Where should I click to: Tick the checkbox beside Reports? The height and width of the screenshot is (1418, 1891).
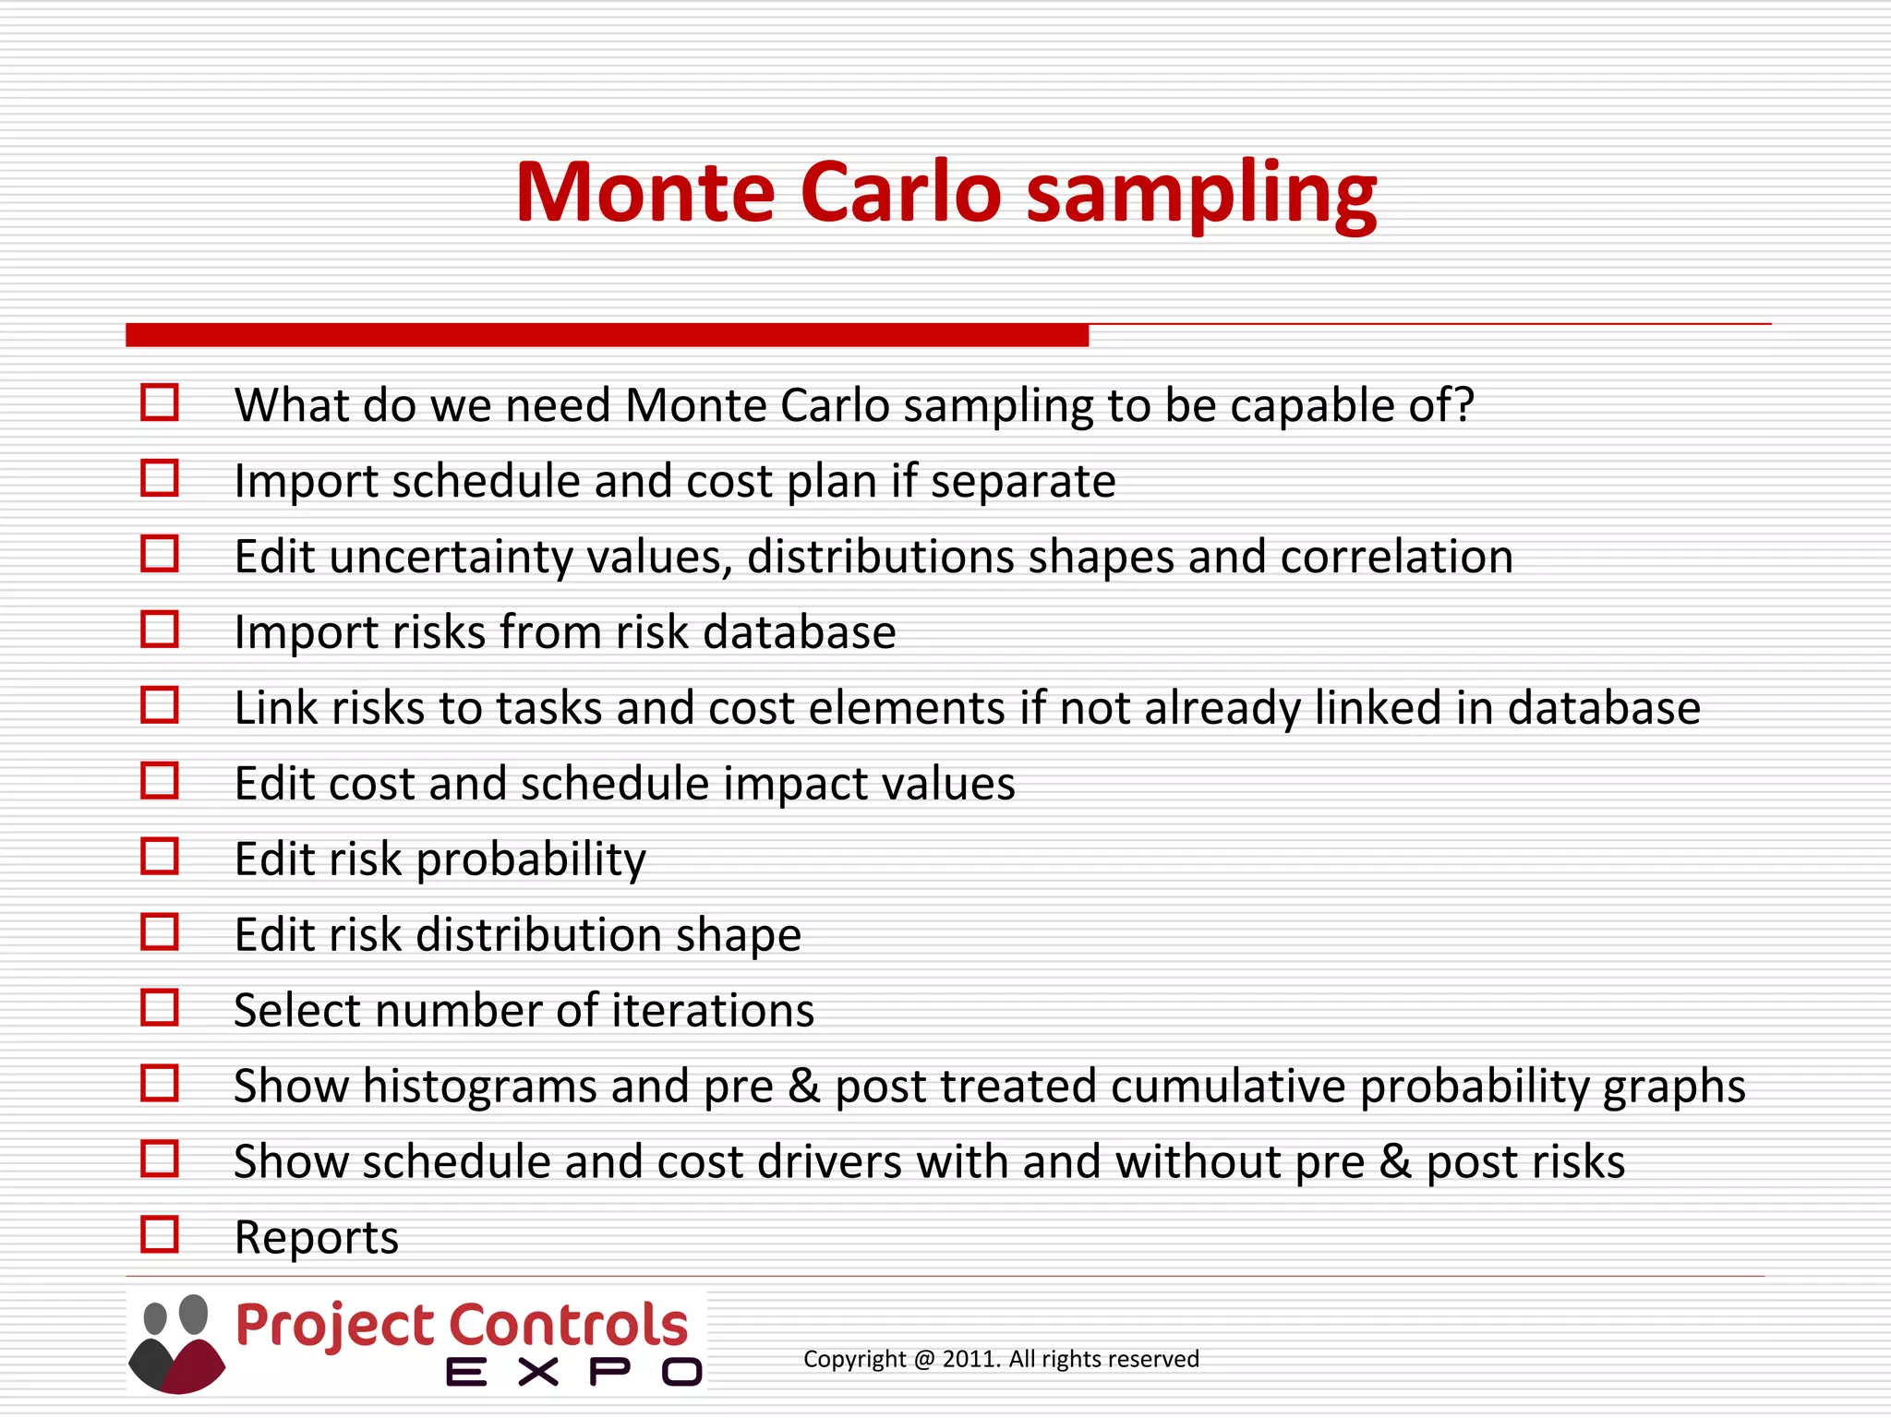160,1233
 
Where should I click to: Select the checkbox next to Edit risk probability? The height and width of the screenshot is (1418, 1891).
160,856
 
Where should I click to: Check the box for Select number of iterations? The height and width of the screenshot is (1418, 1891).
160,1007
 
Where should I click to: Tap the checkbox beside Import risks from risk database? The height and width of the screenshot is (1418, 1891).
160,630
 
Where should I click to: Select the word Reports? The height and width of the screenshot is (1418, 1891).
316,1237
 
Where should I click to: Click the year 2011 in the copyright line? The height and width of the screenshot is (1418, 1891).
970,1359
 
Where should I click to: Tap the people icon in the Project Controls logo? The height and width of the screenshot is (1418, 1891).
176,1344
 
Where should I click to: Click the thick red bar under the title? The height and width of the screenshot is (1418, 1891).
607,335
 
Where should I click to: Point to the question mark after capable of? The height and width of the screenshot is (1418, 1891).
1463,405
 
